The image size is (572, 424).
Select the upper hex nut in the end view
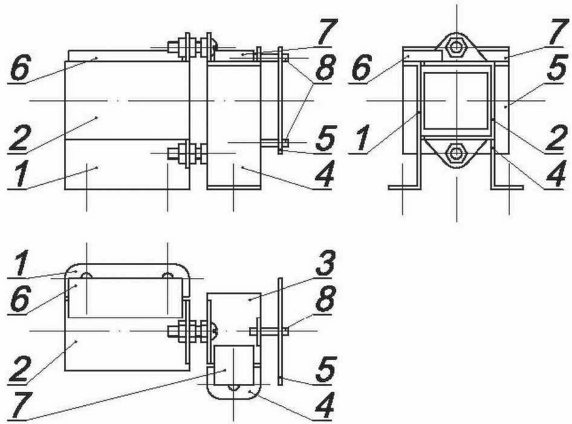456,47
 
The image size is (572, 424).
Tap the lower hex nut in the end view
455,152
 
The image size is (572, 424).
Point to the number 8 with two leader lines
326,68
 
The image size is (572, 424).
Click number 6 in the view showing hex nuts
362,68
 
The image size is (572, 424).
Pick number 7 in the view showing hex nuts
559,33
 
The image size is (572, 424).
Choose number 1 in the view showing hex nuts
363,137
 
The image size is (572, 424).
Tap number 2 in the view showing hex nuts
557,137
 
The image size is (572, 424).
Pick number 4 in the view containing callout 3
325,406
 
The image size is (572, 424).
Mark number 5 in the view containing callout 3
326,369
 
